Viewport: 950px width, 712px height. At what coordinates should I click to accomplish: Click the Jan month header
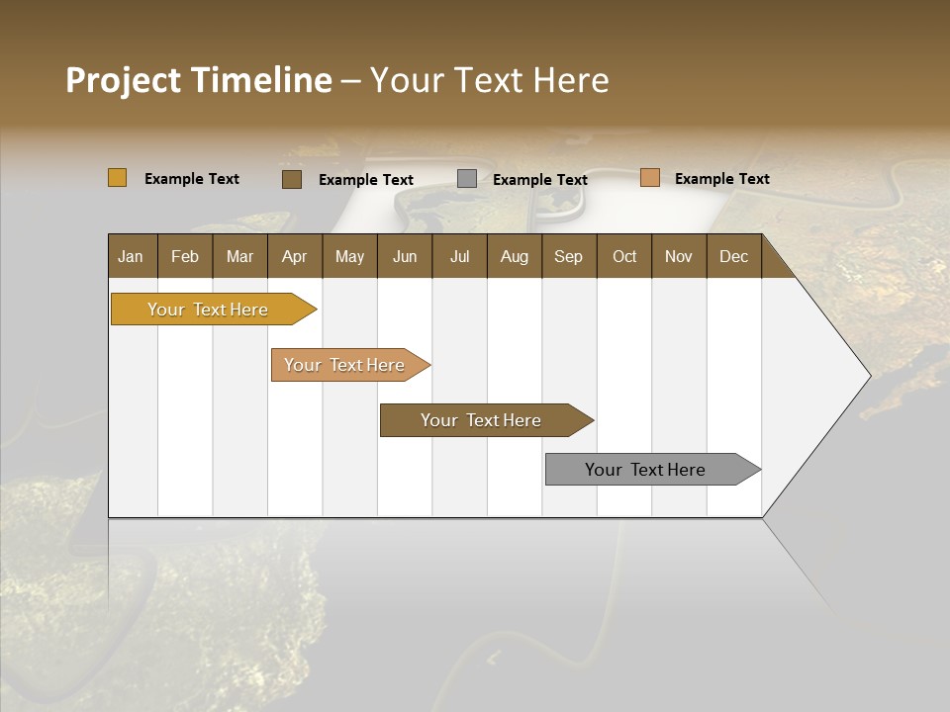click(x=131, y=256)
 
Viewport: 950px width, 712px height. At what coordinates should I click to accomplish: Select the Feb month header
click(x=185, y=256)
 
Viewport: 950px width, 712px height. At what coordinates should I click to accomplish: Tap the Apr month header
click(x=294, y=256)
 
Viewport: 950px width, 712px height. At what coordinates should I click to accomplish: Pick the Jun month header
click(x=405, y=256)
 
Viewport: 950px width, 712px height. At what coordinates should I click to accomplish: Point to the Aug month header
click(x=514, y=256)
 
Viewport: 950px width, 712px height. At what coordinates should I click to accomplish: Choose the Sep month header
click(x=568, y=256)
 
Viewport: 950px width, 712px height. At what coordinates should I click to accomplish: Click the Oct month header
click(x=624, y=256)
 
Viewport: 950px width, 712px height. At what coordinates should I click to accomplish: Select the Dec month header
click(x=733, y=256)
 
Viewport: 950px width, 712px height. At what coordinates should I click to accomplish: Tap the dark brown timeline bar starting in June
click(x=482, y=420)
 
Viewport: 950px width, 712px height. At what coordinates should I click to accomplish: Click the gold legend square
click(x=117, y=178)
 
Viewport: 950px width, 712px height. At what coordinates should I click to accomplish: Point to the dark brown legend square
click(x=291, y=179)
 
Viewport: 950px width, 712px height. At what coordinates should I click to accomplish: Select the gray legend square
click(x=467, y=179)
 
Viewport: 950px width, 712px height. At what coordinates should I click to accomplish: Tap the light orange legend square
click(x=649, y=178)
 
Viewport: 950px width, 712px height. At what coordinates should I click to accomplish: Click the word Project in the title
click(x=122, y=80)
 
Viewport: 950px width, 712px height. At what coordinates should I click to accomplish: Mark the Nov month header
click(x=678, y=256)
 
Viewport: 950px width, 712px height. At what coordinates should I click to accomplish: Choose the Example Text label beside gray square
click(x=539, y=180)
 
